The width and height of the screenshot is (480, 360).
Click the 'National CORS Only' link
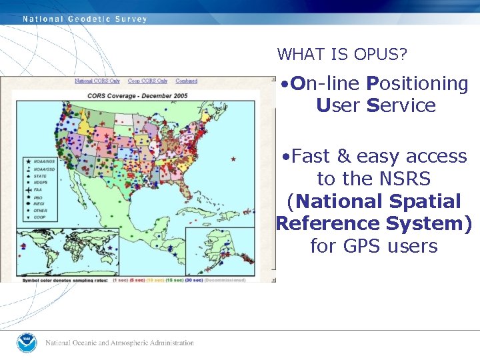tap(97, 81)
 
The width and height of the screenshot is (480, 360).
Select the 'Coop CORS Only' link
tap(147, 81)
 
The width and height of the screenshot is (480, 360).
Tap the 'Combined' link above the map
tap(187, 81)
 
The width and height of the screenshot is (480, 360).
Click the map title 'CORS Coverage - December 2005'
tap(137, 96)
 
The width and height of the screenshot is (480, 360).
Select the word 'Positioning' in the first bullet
tap(418, 83)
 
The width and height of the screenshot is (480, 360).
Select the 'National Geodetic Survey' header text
tap(85, 19)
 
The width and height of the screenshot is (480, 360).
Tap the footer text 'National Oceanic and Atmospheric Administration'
tap(120, 343)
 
